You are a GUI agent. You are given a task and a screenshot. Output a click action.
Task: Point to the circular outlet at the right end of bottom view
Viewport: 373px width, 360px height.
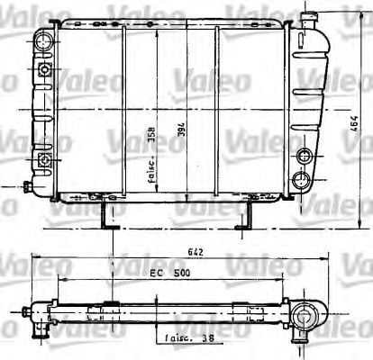point(307,315)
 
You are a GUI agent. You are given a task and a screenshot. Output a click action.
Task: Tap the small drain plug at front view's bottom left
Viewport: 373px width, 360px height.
point(30,188)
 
